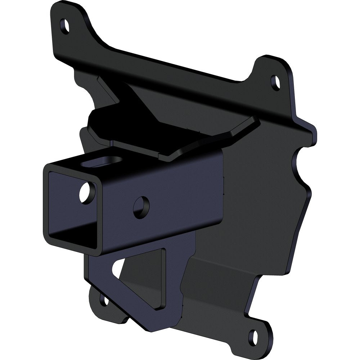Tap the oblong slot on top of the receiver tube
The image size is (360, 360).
tap(96, 162)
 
